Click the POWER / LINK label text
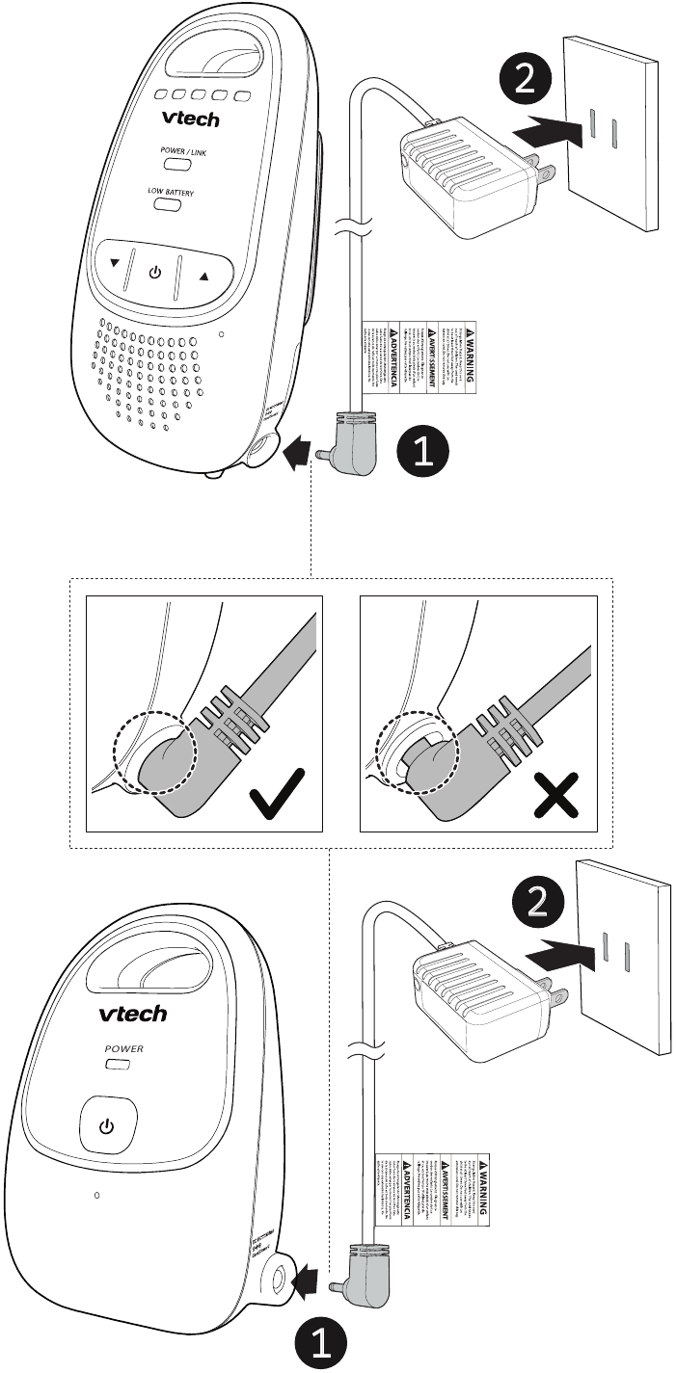click(170, 151)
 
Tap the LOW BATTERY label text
click(170, 193)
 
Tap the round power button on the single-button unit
click(107, 1124)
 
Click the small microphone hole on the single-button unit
click(97, 1195)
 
